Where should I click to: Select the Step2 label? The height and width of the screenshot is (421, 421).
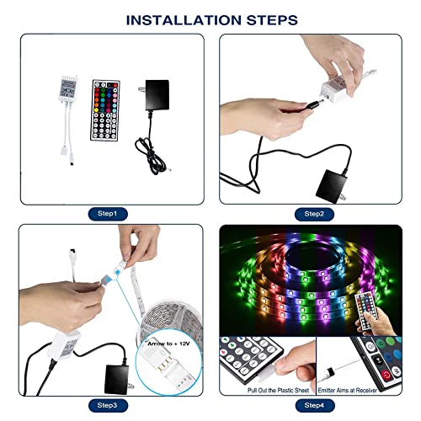click(314, 214)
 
